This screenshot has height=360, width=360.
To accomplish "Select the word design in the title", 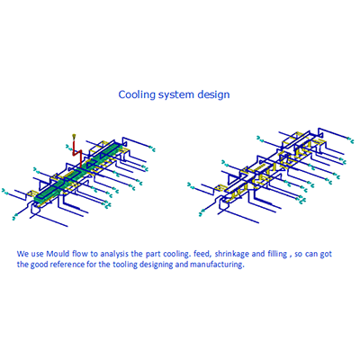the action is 213,94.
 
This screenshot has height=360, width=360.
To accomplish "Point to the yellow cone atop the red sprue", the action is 74,137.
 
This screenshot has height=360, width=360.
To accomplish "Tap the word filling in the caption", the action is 277,254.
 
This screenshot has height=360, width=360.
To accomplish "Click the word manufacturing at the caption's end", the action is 217,265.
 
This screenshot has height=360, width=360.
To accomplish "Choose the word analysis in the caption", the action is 114,254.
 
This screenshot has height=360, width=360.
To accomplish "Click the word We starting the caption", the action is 22,254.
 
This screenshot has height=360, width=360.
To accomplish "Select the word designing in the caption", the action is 157,265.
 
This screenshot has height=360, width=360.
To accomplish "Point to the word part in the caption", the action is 153,255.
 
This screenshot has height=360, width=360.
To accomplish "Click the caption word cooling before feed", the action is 177,254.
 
